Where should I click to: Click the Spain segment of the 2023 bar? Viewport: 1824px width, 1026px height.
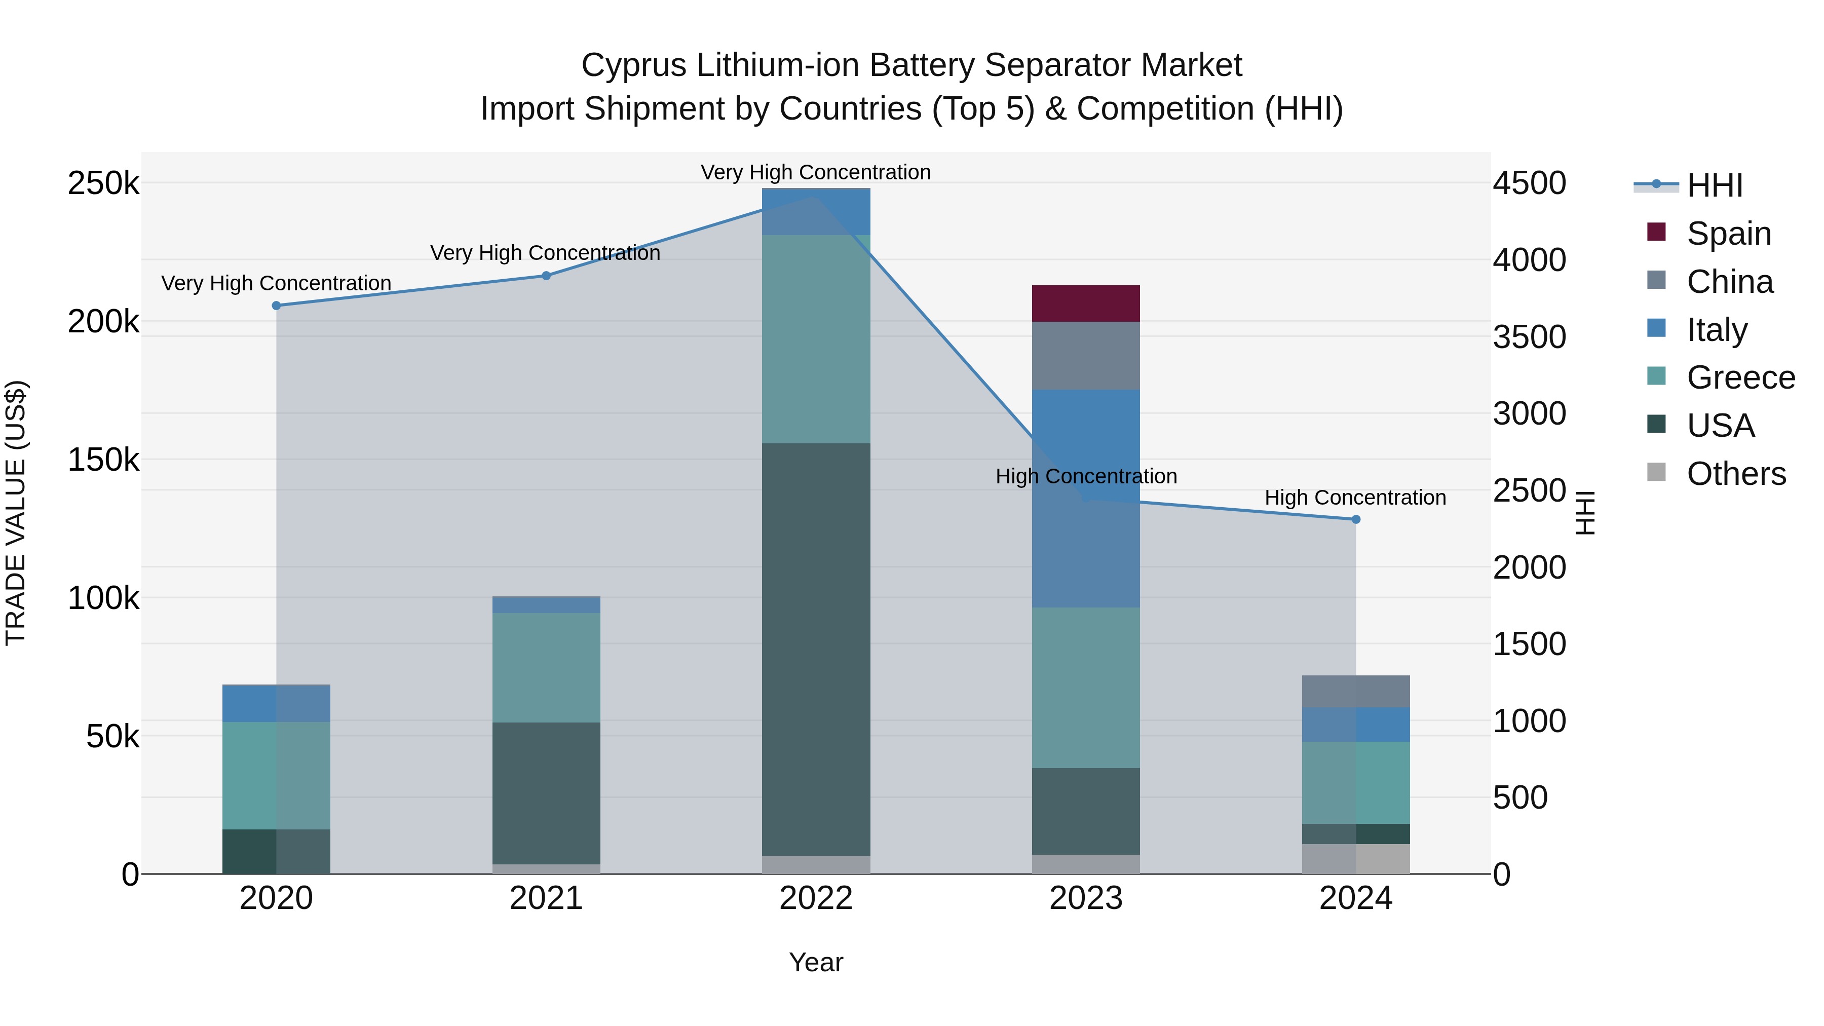1085,304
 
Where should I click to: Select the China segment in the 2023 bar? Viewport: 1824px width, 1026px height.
1085,356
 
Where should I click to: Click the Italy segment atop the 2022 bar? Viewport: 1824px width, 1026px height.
816,211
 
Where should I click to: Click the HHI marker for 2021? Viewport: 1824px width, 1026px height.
546,276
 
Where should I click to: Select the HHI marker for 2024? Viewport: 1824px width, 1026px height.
1356,519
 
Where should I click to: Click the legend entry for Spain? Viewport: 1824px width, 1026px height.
1728,234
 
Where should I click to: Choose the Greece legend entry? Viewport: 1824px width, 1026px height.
1740,377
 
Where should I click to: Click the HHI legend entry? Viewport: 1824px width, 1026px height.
1714,185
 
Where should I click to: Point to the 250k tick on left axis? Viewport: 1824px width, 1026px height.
103,183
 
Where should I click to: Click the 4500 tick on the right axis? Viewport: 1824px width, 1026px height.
1530,183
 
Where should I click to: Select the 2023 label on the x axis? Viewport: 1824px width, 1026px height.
1085,898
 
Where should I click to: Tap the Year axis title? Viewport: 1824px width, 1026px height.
816,962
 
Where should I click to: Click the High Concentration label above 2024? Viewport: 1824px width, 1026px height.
1355,498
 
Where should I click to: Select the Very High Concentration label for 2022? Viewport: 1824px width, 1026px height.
816,172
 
